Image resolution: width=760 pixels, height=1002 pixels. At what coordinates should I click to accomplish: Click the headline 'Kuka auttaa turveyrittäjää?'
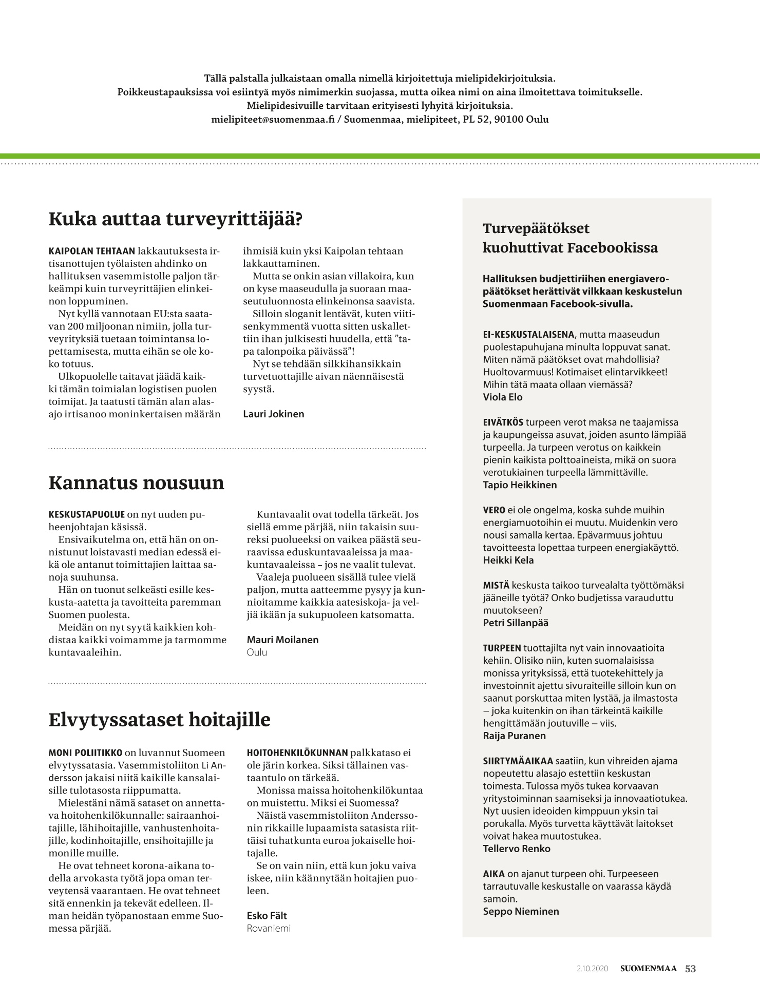pyautogui.click(x=175, y=219)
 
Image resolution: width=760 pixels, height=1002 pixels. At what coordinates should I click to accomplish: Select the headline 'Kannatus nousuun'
pyautogui.click(x=136, y=483)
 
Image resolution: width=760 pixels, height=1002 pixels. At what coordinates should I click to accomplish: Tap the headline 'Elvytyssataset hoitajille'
pyautogui.click(x=159, y=720)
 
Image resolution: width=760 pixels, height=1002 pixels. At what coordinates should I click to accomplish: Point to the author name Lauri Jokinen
pyautogui.click(x=273, y=414)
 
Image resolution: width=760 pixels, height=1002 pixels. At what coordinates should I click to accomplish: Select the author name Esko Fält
pyautogui.click(x=267, y=916)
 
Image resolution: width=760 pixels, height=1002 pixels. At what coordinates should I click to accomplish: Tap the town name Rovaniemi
pyautogui.click(x=269, y=928)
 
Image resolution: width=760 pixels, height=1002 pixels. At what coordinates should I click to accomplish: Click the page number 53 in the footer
pyautogui.click(x=690, y=969)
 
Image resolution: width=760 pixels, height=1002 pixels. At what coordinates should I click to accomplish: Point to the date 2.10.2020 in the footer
pyautogui.click(x=592, y=969)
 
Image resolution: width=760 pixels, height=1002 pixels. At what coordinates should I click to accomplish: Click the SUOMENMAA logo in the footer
pyautogui.click(x=648, y=969)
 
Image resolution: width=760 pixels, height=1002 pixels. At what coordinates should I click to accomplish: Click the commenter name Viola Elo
pyautogui.click(x=503, y=397)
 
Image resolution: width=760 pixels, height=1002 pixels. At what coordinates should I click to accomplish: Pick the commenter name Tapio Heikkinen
pyautogui.click(x=520, y=485)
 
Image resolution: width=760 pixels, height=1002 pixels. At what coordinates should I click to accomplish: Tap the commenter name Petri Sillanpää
pyautogui.click(x=516, y=623)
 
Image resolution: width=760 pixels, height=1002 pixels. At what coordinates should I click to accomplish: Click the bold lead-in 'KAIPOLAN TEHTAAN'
pyautogui.click(x=91, y=252)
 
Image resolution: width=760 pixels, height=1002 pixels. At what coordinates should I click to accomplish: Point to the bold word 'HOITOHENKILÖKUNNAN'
pyautogui.click(x=297, y=753)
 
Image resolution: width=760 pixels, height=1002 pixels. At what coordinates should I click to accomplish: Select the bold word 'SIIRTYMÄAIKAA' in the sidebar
pyautogui.click(x=518, y=761)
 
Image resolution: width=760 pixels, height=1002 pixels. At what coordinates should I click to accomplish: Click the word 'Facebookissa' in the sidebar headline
pyautogui.click(x=612, y=248)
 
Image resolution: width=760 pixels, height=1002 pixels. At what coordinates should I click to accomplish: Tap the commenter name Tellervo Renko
pyautogui.click(x=517, y=849)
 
